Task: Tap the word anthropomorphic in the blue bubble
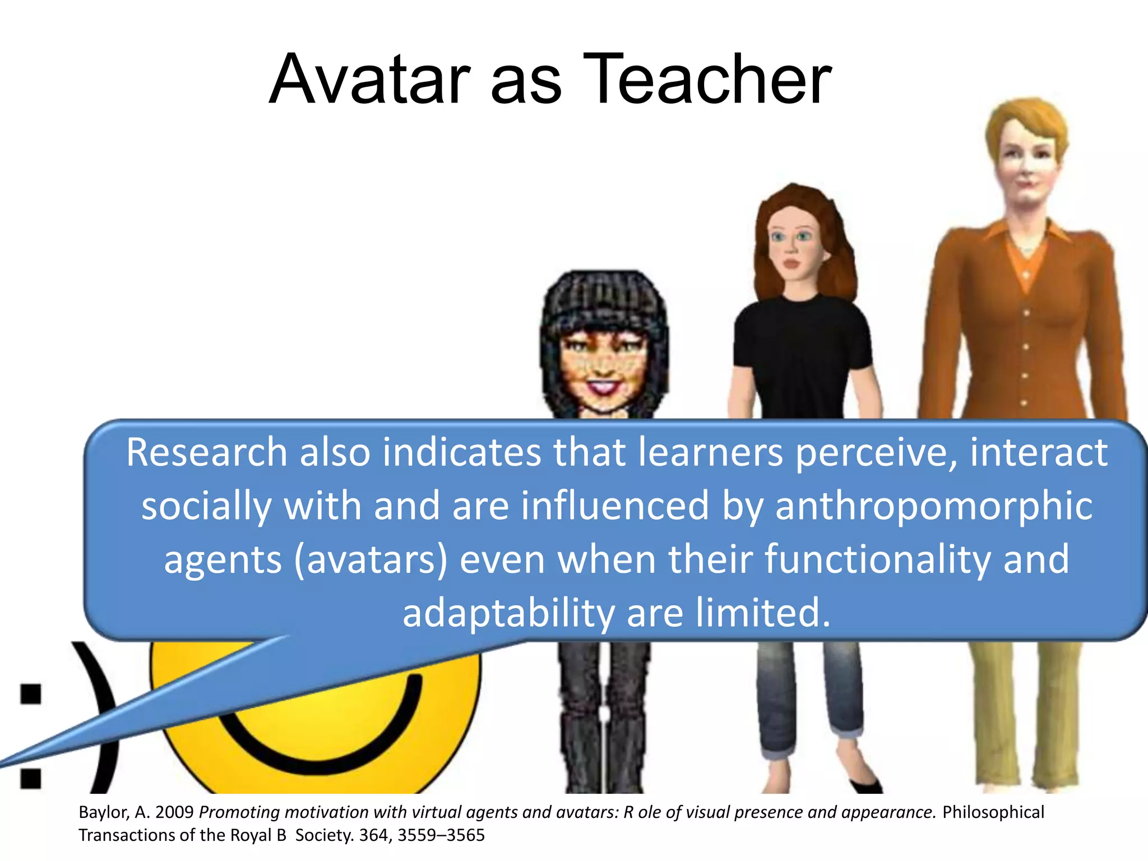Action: click(933, 506)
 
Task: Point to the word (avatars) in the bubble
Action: click(371, 560)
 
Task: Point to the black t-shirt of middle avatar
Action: click(802, 353)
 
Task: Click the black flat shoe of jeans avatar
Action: click(866, 785)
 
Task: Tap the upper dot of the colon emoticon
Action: click(31, 693)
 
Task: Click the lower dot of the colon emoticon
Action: click(31, 779)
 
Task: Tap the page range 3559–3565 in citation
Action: click(441, 835)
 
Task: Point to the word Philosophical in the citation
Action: click(993, 812)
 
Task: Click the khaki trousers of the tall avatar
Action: click(1026, 712)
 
